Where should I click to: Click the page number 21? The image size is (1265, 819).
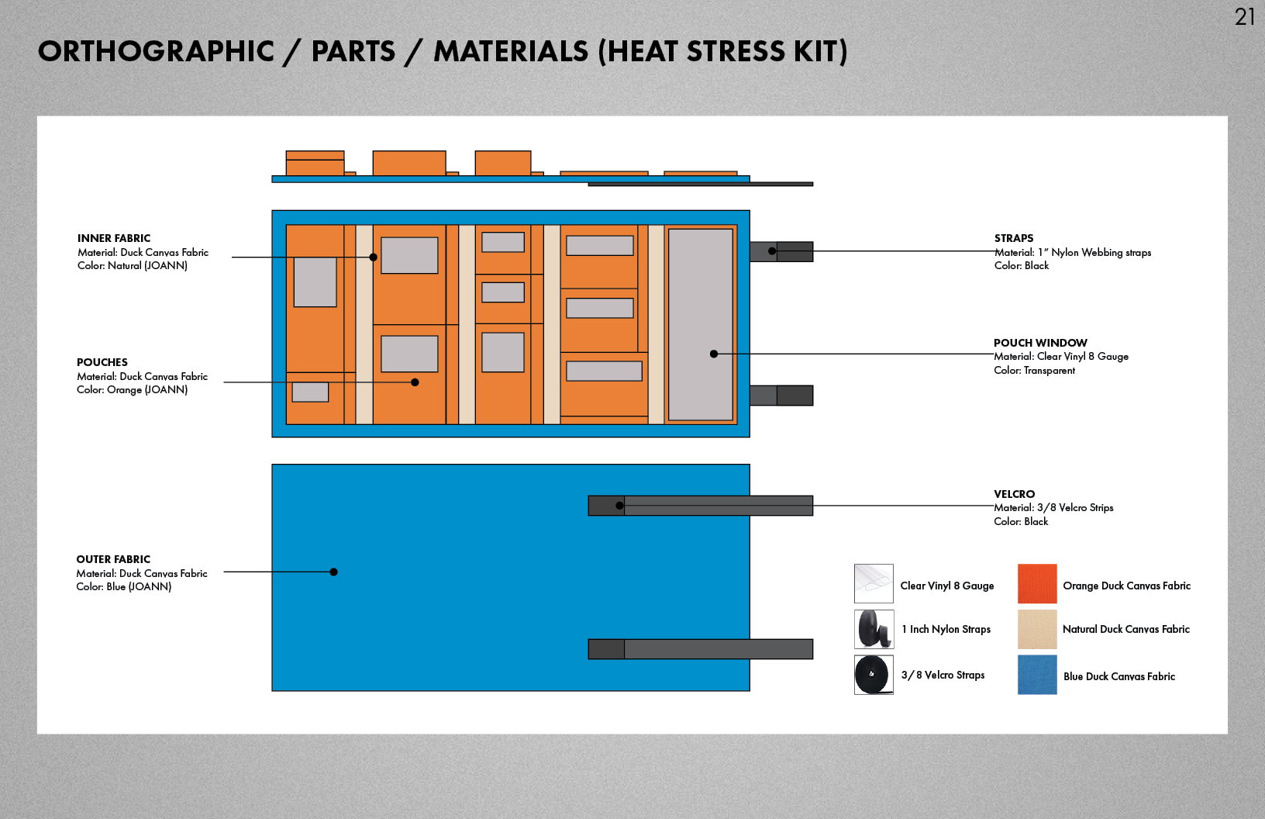coord(1245,16)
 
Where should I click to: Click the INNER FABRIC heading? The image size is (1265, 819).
coord(114,238)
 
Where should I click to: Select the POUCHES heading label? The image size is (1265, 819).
coord(102,362)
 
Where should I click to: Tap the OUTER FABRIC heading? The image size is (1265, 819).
coord(113,559)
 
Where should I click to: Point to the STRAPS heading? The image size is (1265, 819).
coord(1014,238)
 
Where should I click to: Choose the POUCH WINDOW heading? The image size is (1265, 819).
coord(1040,343)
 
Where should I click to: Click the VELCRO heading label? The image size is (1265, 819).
coord(1014,494)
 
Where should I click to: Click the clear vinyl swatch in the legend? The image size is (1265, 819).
coord(874,584)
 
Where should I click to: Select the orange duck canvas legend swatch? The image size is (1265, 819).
coord(1037,584)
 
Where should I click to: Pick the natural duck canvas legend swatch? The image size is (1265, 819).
coord(1037,629)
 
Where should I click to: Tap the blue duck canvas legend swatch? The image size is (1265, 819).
coord(1037,675)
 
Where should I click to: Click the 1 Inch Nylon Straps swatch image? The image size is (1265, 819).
coord(874,629)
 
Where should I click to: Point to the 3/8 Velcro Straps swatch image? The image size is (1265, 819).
coord(874,675)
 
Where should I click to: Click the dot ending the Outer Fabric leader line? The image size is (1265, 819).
coord(333,572)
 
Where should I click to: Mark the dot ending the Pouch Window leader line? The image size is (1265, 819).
coord(714,354)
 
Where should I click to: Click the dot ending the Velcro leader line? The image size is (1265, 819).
coord(619,506)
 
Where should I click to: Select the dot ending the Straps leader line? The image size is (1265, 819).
coord(772,251)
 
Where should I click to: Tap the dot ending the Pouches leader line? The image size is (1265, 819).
coord(415,382)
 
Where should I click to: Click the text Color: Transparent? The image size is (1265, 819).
coord(1034,371)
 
